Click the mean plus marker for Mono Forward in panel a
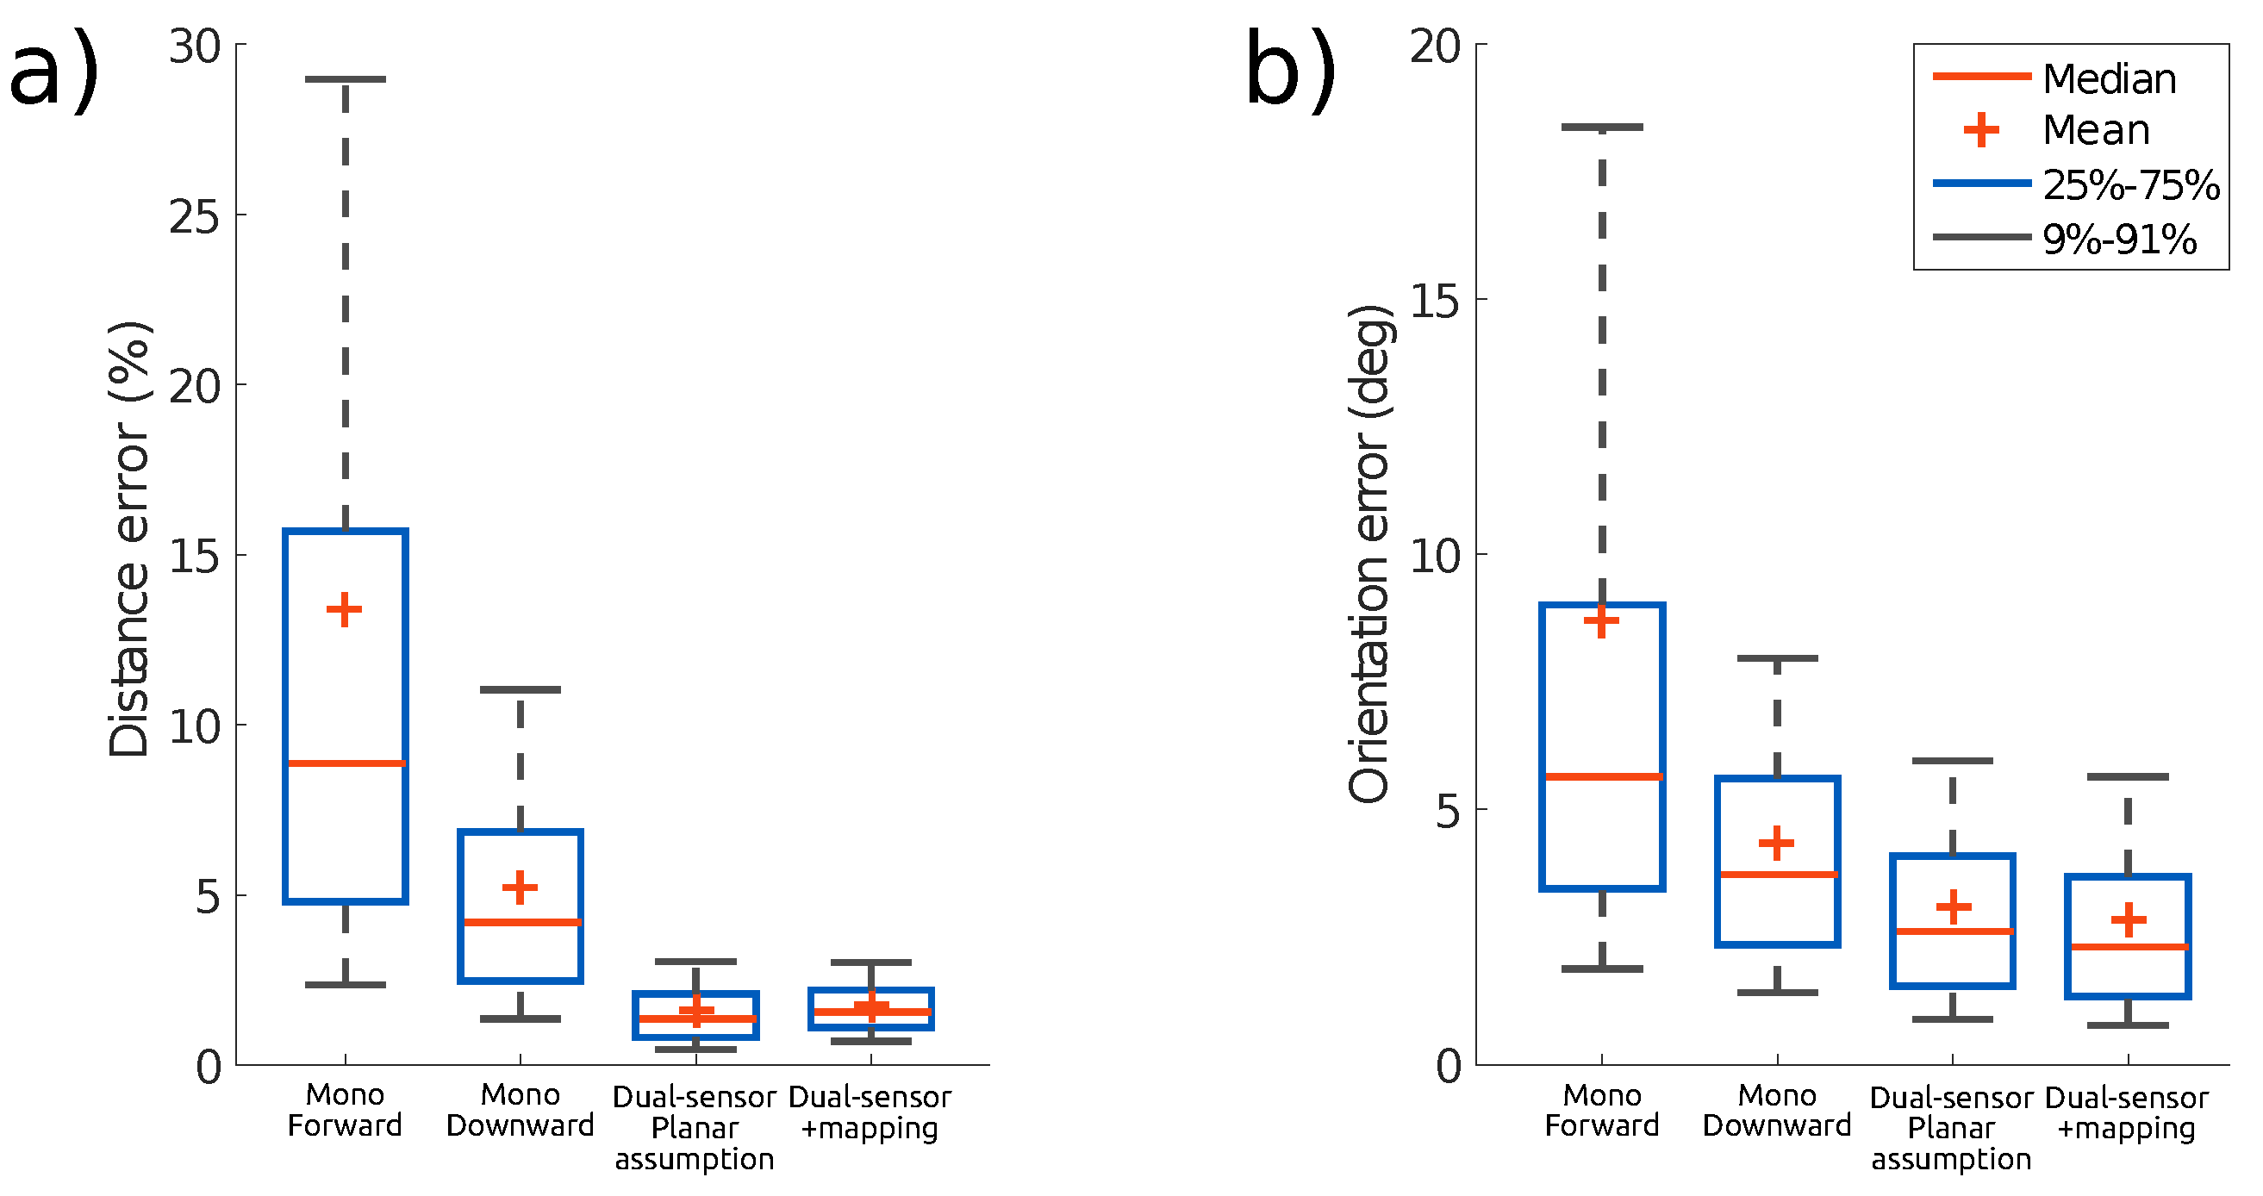point(345,609)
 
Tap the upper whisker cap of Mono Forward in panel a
point(346,79)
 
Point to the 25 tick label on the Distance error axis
point(194,216)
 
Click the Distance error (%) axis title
point(130,539)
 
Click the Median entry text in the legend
point(2110,79)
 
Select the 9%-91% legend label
point(2119,239)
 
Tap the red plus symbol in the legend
point(1981,130)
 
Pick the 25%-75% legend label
point(2131,184)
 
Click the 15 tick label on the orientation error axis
point(1435,301)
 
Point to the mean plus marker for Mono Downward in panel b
point(1776,843)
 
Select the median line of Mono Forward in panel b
point(1602,776)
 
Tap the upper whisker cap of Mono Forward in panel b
point(1602,128)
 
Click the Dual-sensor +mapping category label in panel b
point(2126,1112)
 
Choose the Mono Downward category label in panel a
point(520,1110)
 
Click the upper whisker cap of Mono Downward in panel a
point(520,689)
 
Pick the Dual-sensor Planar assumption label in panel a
point(694,1128)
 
